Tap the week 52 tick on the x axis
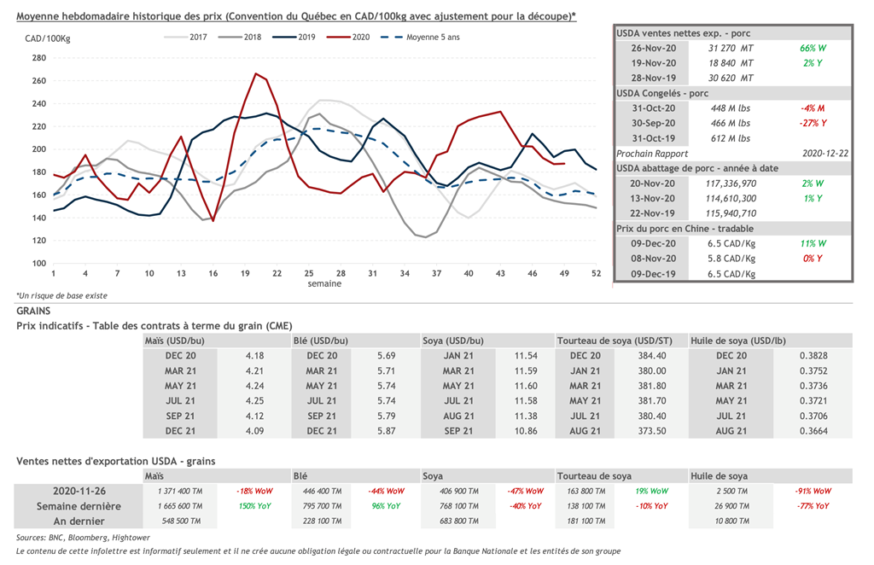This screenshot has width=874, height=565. pos(596,273)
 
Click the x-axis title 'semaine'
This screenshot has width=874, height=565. pos(324,283)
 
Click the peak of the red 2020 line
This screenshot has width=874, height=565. pos(256,73)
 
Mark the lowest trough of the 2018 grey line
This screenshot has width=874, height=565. pos(425,237)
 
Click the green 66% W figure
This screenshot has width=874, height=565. pos(813,48)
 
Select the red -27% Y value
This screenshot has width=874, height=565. pos(813,123)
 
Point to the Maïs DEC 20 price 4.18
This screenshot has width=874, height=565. pos(254,355)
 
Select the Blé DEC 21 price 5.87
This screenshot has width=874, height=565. pos(387,431)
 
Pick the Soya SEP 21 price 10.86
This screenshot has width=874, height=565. pos(526,431)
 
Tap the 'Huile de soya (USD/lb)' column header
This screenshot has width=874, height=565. pos(737,341)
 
